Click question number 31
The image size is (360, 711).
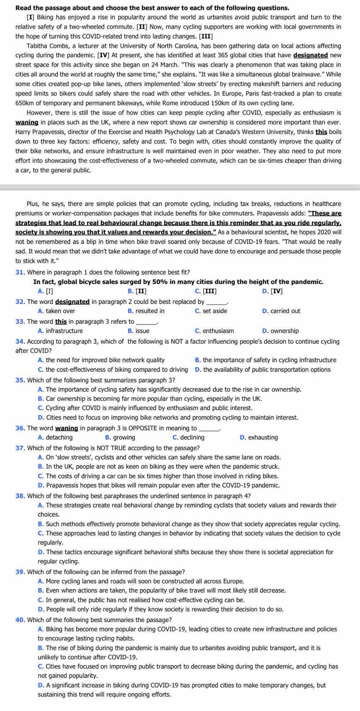(x=20, y=272)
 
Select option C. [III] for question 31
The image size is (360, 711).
(x=205, y=291)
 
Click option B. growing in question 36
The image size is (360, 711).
(x=120, y=437)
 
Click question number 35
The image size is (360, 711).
(x=20, y=380)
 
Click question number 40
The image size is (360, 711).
(x=20, y=619)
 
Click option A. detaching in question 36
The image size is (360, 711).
(x=55, y=437)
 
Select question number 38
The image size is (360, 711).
(x=20, y=496)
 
